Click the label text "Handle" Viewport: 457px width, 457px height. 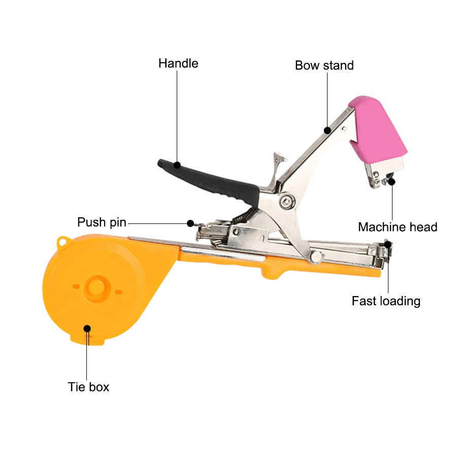[178, 63]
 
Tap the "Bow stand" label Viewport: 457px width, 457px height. [324, 66]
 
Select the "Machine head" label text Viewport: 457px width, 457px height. [398, 227]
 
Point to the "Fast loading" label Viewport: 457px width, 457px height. [386, 301]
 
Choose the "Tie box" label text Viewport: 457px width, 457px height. [88, 387]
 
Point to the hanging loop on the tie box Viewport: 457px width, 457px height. [63, 241]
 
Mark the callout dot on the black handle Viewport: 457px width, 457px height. [177, 165]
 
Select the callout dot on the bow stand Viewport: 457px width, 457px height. [328, 130]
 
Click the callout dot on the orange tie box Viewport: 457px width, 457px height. [87, 328]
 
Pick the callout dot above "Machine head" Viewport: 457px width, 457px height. [391, 181]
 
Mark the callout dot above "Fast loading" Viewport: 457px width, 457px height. [388, 245]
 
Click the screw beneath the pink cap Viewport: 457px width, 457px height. [376, 175]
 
